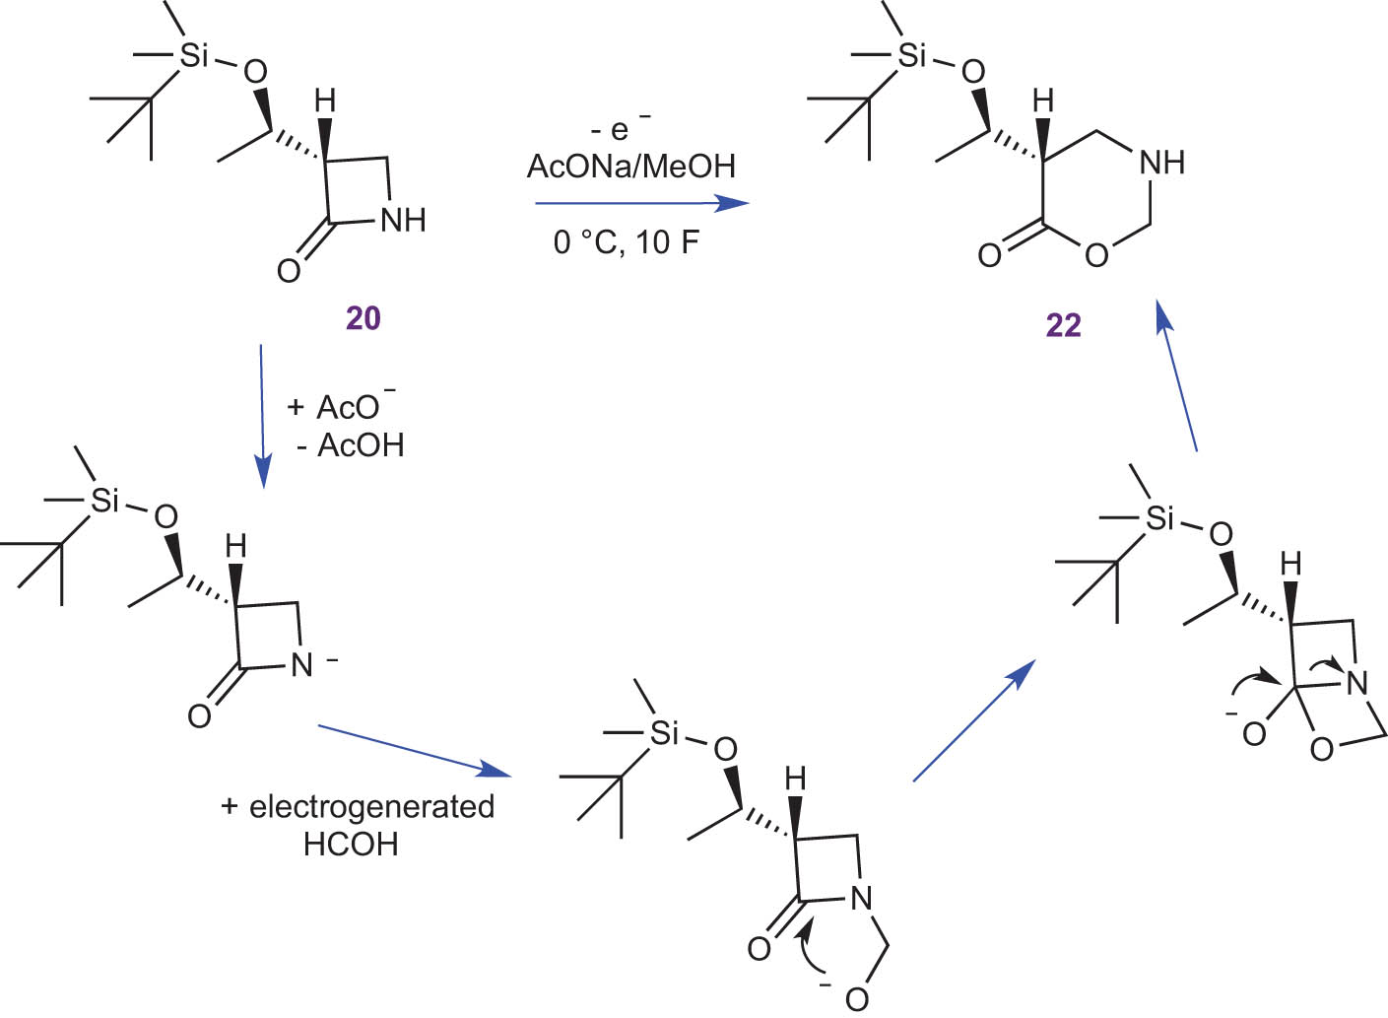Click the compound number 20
tap(363, 317)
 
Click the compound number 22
tap(1063, 324)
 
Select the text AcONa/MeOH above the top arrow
tap(631, 166)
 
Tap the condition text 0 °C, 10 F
tap(627, 241)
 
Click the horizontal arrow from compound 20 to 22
tap(640, 203)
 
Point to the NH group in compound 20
tap(403, 219)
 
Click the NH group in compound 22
tap(1161, 162)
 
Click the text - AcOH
tap(351, 445)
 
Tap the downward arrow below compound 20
tap(261, 414)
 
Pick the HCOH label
tap(351, 845)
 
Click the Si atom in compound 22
tap(912, 55)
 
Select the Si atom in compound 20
tap(194, 55)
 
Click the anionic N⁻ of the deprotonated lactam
tap(303, 665)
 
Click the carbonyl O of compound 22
tap(989, 256)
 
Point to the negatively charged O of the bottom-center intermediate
tap(856, 998)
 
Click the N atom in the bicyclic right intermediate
tap(1357, 683)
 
